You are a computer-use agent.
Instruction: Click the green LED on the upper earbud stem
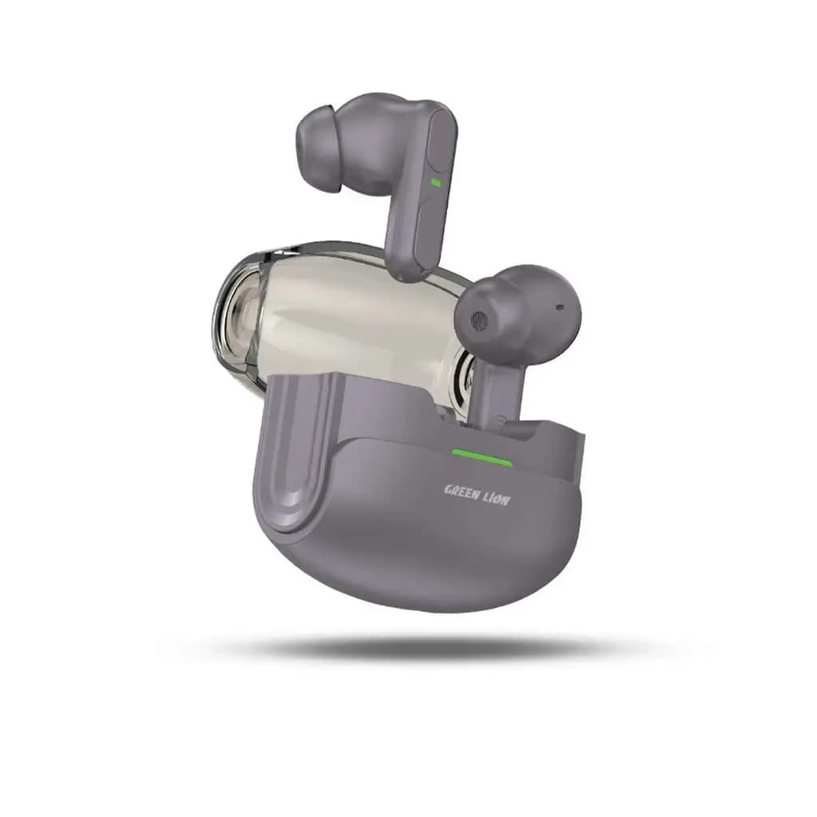(435, 183)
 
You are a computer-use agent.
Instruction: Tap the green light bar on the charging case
(482, 457)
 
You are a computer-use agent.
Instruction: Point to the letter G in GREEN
(447, 490)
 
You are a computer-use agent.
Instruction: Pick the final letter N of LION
(506, 501)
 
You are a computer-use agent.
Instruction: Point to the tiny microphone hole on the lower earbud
(560, 306)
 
